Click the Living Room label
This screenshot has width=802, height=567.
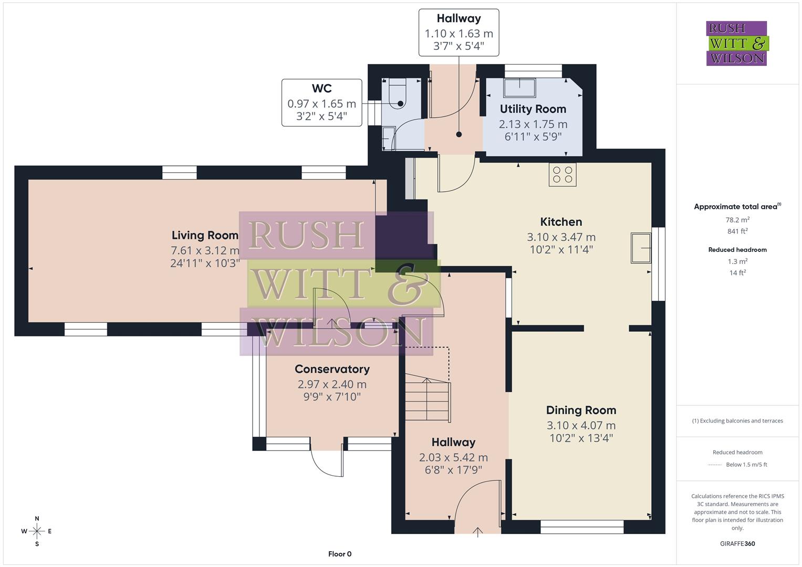tap(205, 235)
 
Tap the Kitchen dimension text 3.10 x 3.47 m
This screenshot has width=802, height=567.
tap(561, 237)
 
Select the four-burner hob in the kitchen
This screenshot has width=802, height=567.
tap(563, 174)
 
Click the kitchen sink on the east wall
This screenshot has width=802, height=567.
tap(641, 248)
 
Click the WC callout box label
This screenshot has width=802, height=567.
tap(321, 89)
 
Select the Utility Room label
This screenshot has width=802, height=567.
tap(533, 109)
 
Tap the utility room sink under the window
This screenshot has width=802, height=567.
tap(519, 88)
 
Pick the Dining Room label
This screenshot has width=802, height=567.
tap(581, 410)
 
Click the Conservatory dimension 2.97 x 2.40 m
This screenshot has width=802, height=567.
tap(332, 384)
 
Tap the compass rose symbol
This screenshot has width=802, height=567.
tap(37, 531)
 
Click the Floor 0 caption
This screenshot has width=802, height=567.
tap(340, 554)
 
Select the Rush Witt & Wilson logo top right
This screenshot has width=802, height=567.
tap(736, 43)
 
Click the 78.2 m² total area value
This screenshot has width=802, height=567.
tap(737, 220)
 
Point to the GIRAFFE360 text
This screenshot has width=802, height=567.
tap(737, 543)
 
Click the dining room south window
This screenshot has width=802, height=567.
tap(582, 527)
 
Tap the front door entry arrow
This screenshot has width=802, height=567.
tap(477, 532)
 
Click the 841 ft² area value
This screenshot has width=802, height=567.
tap(737, 231)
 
